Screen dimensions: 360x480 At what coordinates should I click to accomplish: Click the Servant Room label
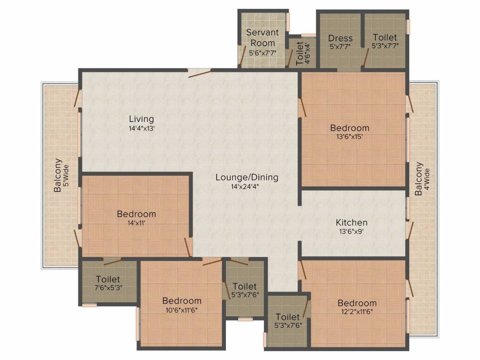pyautogui.click(x=262, y=37)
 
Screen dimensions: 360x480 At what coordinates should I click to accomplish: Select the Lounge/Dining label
pyautogui.click(x=247, y=177)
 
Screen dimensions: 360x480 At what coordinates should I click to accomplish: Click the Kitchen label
pyautogui.click(x=352, y=222)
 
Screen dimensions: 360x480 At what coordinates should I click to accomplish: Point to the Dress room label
pyautogui.click(x=340, y=38)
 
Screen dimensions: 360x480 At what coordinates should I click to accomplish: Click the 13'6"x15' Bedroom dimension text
pyautogui.click(x=349, y=137)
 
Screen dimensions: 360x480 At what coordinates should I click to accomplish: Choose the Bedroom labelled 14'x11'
pyautogui.click(x=136, y=214)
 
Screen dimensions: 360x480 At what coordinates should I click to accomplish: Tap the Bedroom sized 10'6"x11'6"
pyautogui.click(x=182, y=301)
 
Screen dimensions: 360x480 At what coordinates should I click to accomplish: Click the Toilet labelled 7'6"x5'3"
pyautogui.click(x=108, y=279)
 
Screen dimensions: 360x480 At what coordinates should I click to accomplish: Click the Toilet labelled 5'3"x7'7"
pyautogui.click(x=385, y=37)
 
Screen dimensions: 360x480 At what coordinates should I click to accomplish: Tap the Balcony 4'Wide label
pyautogui.click(x=419, y=179)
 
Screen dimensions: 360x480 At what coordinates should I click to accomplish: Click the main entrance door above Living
pyautogui.click(x=199, y=71)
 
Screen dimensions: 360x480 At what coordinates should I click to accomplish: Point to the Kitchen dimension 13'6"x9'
pyautogui.click(x=352, y=232)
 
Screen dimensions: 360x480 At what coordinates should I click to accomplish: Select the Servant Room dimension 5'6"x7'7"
pyautogui.click(x=262, y=52)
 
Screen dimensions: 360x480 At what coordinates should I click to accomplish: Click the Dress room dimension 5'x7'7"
pyautogui.click(x=340, y=47)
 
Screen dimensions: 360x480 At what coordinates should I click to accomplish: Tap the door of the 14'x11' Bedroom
pyautogui.click(x=188, y=247)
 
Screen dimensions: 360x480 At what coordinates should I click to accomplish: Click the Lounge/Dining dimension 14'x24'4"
pyautogui.click(x=247, y=187)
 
